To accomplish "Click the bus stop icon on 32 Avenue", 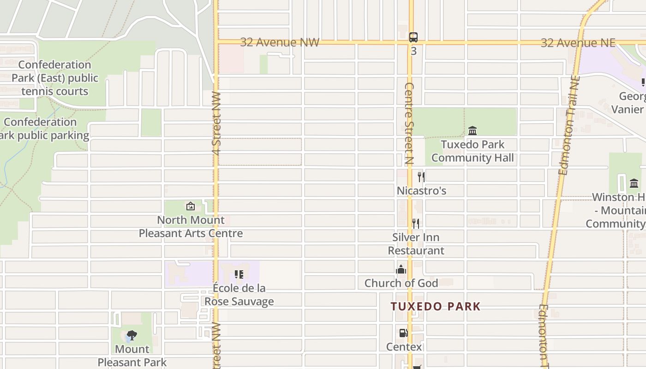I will [413, 37].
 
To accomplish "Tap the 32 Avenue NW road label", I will [280, 42].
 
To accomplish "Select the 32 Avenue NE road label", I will [578, 43].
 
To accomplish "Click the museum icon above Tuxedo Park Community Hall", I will [473, 131].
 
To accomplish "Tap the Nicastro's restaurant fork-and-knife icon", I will [421, 177].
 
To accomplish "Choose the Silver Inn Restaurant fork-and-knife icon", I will [416, 224].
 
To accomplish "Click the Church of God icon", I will [401, 269].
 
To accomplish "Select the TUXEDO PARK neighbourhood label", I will [436, 306].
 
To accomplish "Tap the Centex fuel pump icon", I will [403, 333].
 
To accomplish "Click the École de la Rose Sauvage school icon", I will [239, 274].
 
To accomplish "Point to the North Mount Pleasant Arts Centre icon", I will [190, 206].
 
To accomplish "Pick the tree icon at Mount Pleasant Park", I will [132, 335].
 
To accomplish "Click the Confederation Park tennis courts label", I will [55, 78].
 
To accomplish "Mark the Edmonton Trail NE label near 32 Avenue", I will [568, 125].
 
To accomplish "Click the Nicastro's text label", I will [421, 190].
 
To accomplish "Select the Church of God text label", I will [401, 283].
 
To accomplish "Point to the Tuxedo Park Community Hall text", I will [473, 151].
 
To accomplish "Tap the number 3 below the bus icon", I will [413, 51].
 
